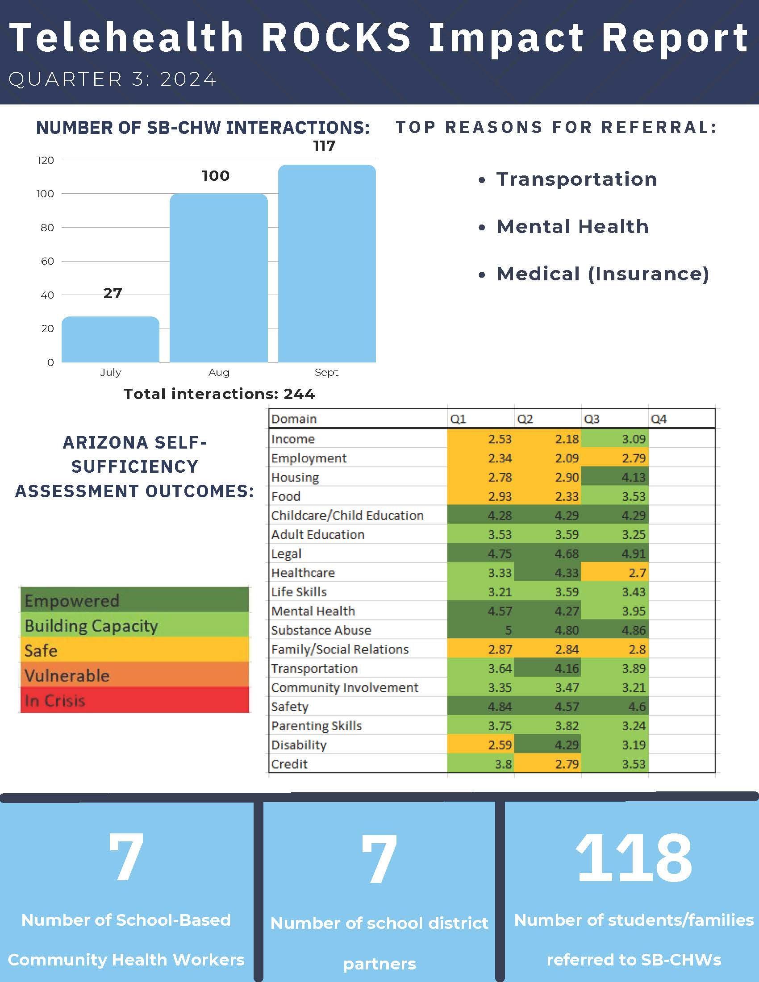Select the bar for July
coord(110,339)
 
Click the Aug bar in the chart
coord(218,278)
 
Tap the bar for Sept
coord(327,263)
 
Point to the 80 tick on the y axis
coord(47,228)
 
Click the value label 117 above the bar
coord(324,146)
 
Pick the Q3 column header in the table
coord(592,419)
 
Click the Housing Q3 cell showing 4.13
coord(614,477)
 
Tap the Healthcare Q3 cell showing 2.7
coord(614,572)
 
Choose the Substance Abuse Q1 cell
coord(481,630)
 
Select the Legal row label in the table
coord(287,554)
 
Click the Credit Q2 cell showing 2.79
coord(547,763)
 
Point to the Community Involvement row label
coord(344,687)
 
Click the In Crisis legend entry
coord(134,700)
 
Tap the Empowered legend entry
coord(134,600)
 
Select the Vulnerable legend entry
coord(134,675)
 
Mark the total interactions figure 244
coord(299,394)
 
